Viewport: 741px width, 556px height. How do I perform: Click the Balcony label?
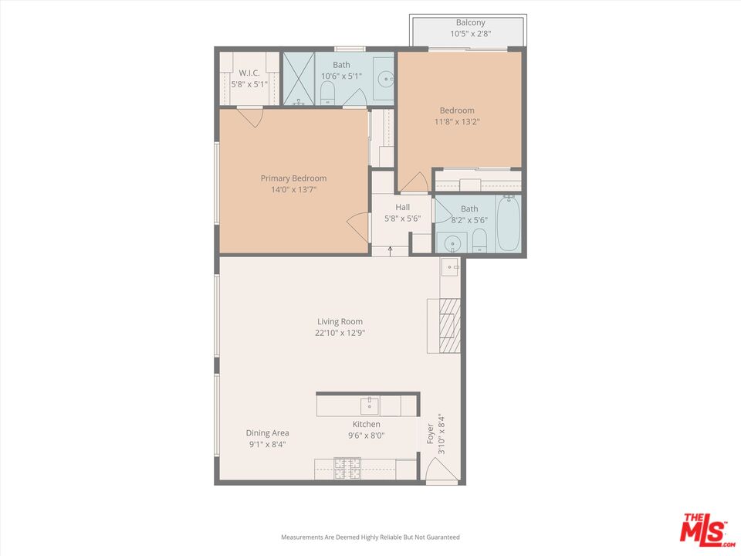pos(471,23)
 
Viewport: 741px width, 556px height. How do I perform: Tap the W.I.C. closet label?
pos(249,73)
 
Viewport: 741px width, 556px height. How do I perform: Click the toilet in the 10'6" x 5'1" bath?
pos(327,93)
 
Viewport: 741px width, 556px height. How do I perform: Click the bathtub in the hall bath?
pos(508,224)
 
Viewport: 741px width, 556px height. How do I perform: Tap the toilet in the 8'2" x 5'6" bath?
pos(479,240)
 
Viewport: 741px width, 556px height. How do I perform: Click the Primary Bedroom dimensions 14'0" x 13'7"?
pos(293,189)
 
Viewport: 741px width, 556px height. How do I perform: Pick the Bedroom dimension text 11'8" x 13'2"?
pos(457,121)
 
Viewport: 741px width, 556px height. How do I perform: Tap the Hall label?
pos(403,207)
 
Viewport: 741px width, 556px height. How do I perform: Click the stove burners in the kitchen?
pos(347,468)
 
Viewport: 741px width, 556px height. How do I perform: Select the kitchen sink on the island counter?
pos(369,405)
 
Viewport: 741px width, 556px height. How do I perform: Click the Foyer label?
pos(431,433)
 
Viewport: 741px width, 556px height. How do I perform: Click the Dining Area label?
pos(267,433)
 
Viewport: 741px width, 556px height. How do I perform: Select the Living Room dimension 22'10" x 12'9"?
pos(340,333)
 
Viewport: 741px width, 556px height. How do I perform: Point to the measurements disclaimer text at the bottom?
pos(370,537)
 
